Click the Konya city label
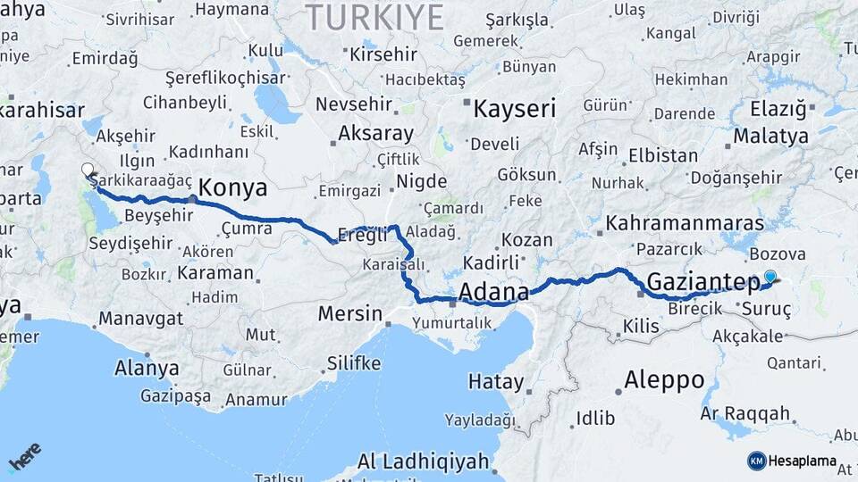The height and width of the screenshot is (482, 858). (x=231, y=188)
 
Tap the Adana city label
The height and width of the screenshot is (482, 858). (x=493, y=292)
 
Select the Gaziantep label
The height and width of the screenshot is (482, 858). (x=702, y=282)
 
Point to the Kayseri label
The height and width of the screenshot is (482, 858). (x=514, y=110)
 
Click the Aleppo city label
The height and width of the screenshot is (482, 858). (x=664, y=379)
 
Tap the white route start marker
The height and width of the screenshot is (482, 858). (x=88, y=170)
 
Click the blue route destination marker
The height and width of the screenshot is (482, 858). (x=770, y=278)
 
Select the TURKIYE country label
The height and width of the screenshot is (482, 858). (x=374, y=17)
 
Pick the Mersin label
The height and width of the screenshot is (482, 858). (x=350, y=314)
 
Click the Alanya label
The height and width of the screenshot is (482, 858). (x=147, y=368)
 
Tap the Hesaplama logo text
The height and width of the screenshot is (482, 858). (x=803, y=461)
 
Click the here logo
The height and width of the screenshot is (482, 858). (x=24, y=457)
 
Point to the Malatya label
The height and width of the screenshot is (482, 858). (x=770, y=137)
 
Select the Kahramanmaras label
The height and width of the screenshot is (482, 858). (x=685, y=222)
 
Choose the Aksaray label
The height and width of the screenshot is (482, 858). (x=375, y=135)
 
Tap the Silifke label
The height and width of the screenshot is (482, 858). (x=354, y=363)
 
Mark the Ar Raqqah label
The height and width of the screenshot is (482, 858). (x=745, y=413)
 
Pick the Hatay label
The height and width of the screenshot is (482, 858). (x=495, y=382)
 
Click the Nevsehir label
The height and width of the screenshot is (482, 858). (x=356, y=104)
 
